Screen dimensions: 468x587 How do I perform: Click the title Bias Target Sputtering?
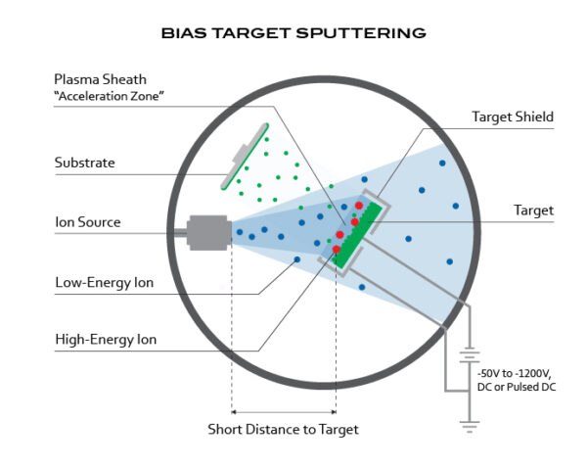pos(293,32)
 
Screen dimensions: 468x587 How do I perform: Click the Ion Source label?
pos(87,222)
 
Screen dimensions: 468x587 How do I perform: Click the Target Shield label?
pos(513,117)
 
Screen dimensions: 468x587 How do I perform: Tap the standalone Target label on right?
pos(534,211)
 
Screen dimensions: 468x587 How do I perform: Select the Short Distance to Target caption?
pos(283,429)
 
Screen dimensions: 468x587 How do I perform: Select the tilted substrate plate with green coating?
pos(245,157)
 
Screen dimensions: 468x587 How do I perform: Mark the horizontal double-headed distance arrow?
pos(283,411)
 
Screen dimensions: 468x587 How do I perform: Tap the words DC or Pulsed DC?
pos(519,389)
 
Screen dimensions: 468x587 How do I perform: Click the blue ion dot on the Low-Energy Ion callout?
pos(297,259)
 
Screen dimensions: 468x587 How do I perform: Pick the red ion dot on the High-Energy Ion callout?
pos(336,250)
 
